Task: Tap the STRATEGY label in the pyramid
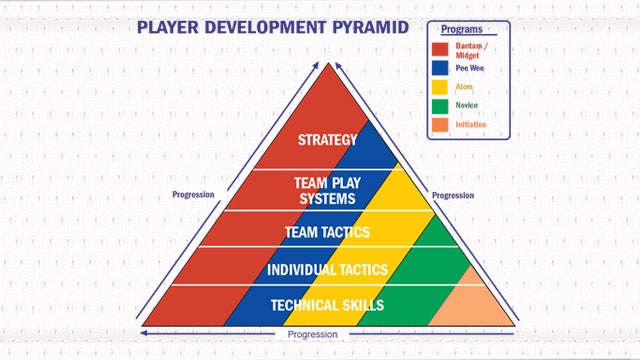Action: click(327, 139)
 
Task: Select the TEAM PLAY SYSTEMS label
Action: click(325, 191)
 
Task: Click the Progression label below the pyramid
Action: click(311, 334)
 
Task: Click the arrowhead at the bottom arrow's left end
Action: click(146, 331)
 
